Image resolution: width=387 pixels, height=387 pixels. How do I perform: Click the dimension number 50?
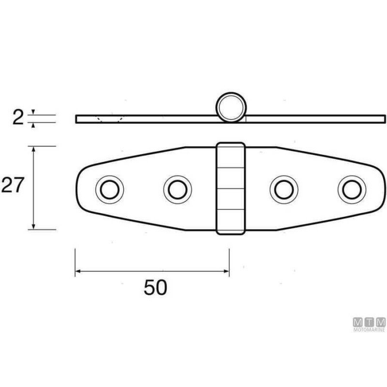pyautogui.click(x=155, y=287)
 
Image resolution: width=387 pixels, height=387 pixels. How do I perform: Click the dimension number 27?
pyautogui.click(x=12, y=185)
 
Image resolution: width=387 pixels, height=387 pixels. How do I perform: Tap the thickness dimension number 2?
pyautogui.click(x=17, y=118)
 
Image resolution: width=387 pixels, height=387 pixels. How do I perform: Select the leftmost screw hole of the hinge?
pyautogui.click(x=109, y=188)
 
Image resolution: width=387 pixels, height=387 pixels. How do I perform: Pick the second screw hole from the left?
pyautogui.click(x=177, y=189)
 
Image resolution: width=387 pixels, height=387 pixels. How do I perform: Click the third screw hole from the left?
pyautogui.click(x=283, y=189)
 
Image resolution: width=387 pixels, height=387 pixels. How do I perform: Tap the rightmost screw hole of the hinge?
pyautogui.click(x=352, y=189)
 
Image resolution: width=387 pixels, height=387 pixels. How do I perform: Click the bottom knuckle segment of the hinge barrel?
pyautogui.click(x=231, y=222)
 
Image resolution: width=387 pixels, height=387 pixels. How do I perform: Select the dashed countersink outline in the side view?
pyautogui.click(x=109, y=119)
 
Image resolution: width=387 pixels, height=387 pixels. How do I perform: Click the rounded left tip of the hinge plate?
pyautogui.click(x=79, y=189)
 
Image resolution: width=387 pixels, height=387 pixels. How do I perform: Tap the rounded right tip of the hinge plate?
pyautogui.click(x=385, y=188)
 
